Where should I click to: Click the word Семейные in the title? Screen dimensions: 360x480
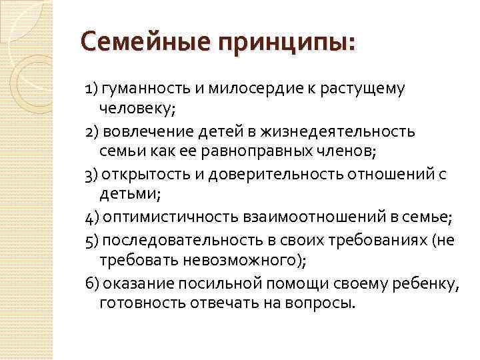135,44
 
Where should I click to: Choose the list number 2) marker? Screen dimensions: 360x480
92,131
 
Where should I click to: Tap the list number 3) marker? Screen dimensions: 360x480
92,175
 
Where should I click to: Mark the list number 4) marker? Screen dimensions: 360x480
92,218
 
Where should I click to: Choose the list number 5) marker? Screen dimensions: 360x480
92,240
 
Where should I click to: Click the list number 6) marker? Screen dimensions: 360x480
92,283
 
